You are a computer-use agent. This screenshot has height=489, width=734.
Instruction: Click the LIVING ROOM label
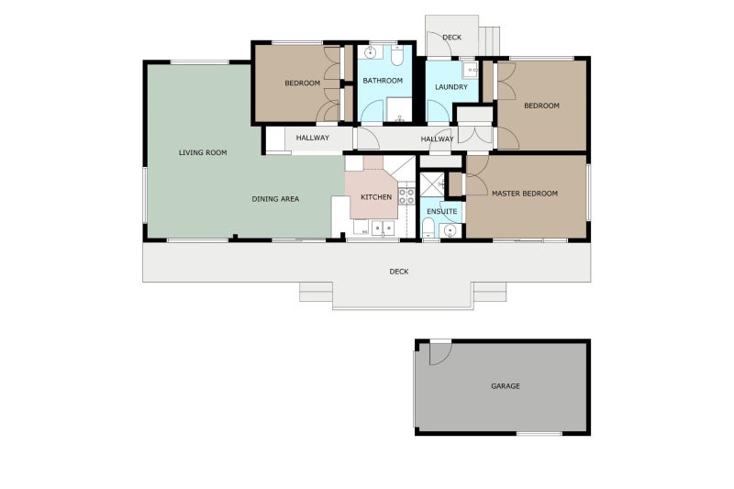pyautogui.click(x=202, y=152)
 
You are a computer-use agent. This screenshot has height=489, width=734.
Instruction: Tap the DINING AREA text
pyautogui.click(x=275, y=199)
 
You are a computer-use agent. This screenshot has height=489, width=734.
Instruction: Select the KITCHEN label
pyautogui.click(x=376, y=197)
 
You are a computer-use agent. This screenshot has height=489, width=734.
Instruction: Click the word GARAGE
pyautogui.click(x=505, y=386)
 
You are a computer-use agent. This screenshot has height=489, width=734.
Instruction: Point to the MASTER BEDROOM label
pyautogui.click(x=524, y=194)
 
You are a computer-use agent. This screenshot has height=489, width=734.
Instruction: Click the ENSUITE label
pyautogui.click(x=441, y=211)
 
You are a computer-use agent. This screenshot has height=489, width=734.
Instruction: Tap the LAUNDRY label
pyautogui.click(x=450, y=87)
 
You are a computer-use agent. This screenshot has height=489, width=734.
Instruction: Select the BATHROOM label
pyautogui.click(x=383, y=81)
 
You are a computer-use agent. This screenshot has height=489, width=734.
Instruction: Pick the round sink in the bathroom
pyautogui.click(x=372, y=53)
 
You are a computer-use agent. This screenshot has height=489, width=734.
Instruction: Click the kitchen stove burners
pyautogui.click(x=406, y=195)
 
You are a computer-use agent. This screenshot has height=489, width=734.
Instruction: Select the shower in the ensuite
pyautogui.click(x=432, y=183)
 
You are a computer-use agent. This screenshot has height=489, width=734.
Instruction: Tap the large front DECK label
pyautogui.click(x=398, y=272)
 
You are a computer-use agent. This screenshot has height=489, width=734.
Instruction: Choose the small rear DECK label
pyautogui.click(x=451, y=38)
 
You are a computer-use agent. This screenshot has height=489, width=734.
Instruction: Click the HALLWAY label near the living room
pyautogui.click(x=312, y=139)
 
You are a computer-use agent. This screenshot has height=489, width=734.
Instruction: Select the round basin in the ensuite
pyautogui.click(x=449, y=230)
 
